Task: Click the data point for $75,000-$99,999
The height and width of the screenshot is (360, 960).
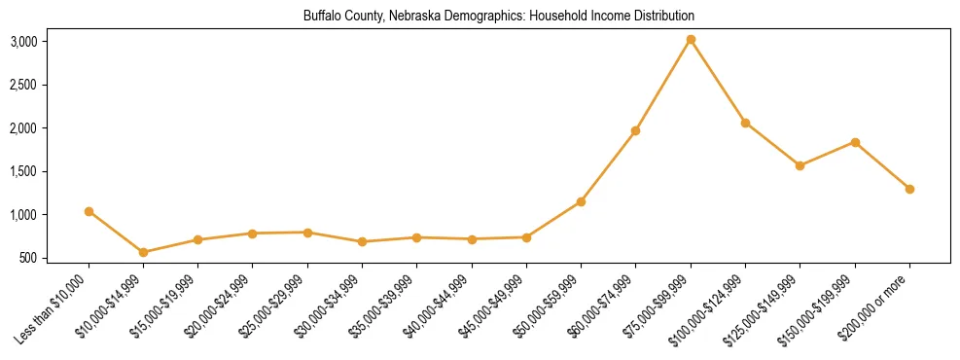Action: (x=691, y=40)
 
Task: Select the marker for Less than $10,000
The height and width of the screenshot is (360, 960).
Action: (x=89, y=211)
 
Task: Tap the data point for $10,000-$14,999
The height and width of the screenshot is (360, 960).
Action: (x=144, y=252)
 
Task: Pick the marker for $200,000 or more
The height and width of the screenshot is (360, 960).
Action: (x=909, y=189)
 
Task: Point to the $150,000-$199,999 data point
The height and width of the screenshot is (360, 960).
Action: (x=855, y=142)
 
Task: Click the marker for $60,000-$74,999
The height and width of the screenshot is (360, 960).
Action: (x=636, y=130)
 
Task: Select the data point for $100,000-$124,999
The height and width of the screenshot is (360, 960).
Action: (x=745, y=123)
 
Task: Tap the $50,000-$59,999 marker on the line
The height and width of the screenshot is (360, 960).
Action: (x=581, y=201)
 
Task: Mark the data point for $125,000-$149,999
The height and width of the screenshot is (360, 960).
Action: (x=800, y=165)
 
